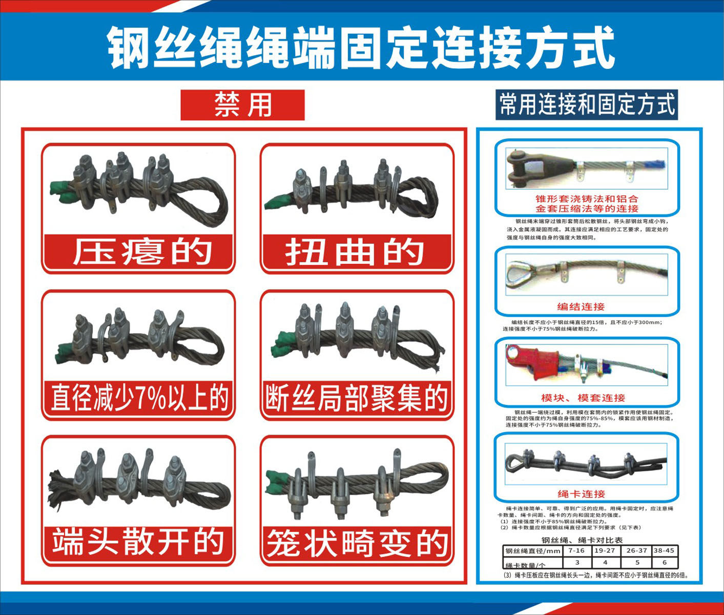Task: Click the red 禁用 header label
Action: (x=242, y=105)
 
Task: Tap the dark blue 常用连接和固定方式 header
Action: (x=587, y=105)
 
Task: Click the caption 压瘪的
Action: (x=139, y=252)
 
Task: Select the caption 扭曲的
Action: (x=356, y=252)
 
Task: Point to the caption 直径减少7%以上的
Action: (x=139, y=398)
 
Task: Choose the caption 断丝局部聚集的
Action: (x=356, y=398)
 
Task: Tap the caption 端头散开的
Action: (x=138, y=542)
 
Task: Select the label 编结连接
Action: (x=581, y=306)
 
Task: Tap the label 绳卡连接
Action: (x=581, y=494)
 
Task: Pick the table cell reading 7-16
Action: (x=576, y=550)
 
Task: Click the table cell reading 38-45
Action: (x=664, y=550)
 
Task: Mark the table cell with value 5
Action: (x=637, y=562)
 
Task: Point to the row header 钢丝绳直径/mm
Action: (x=532, y=551)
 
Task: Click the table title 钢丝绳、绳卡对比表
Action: (x=582, y=540)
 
